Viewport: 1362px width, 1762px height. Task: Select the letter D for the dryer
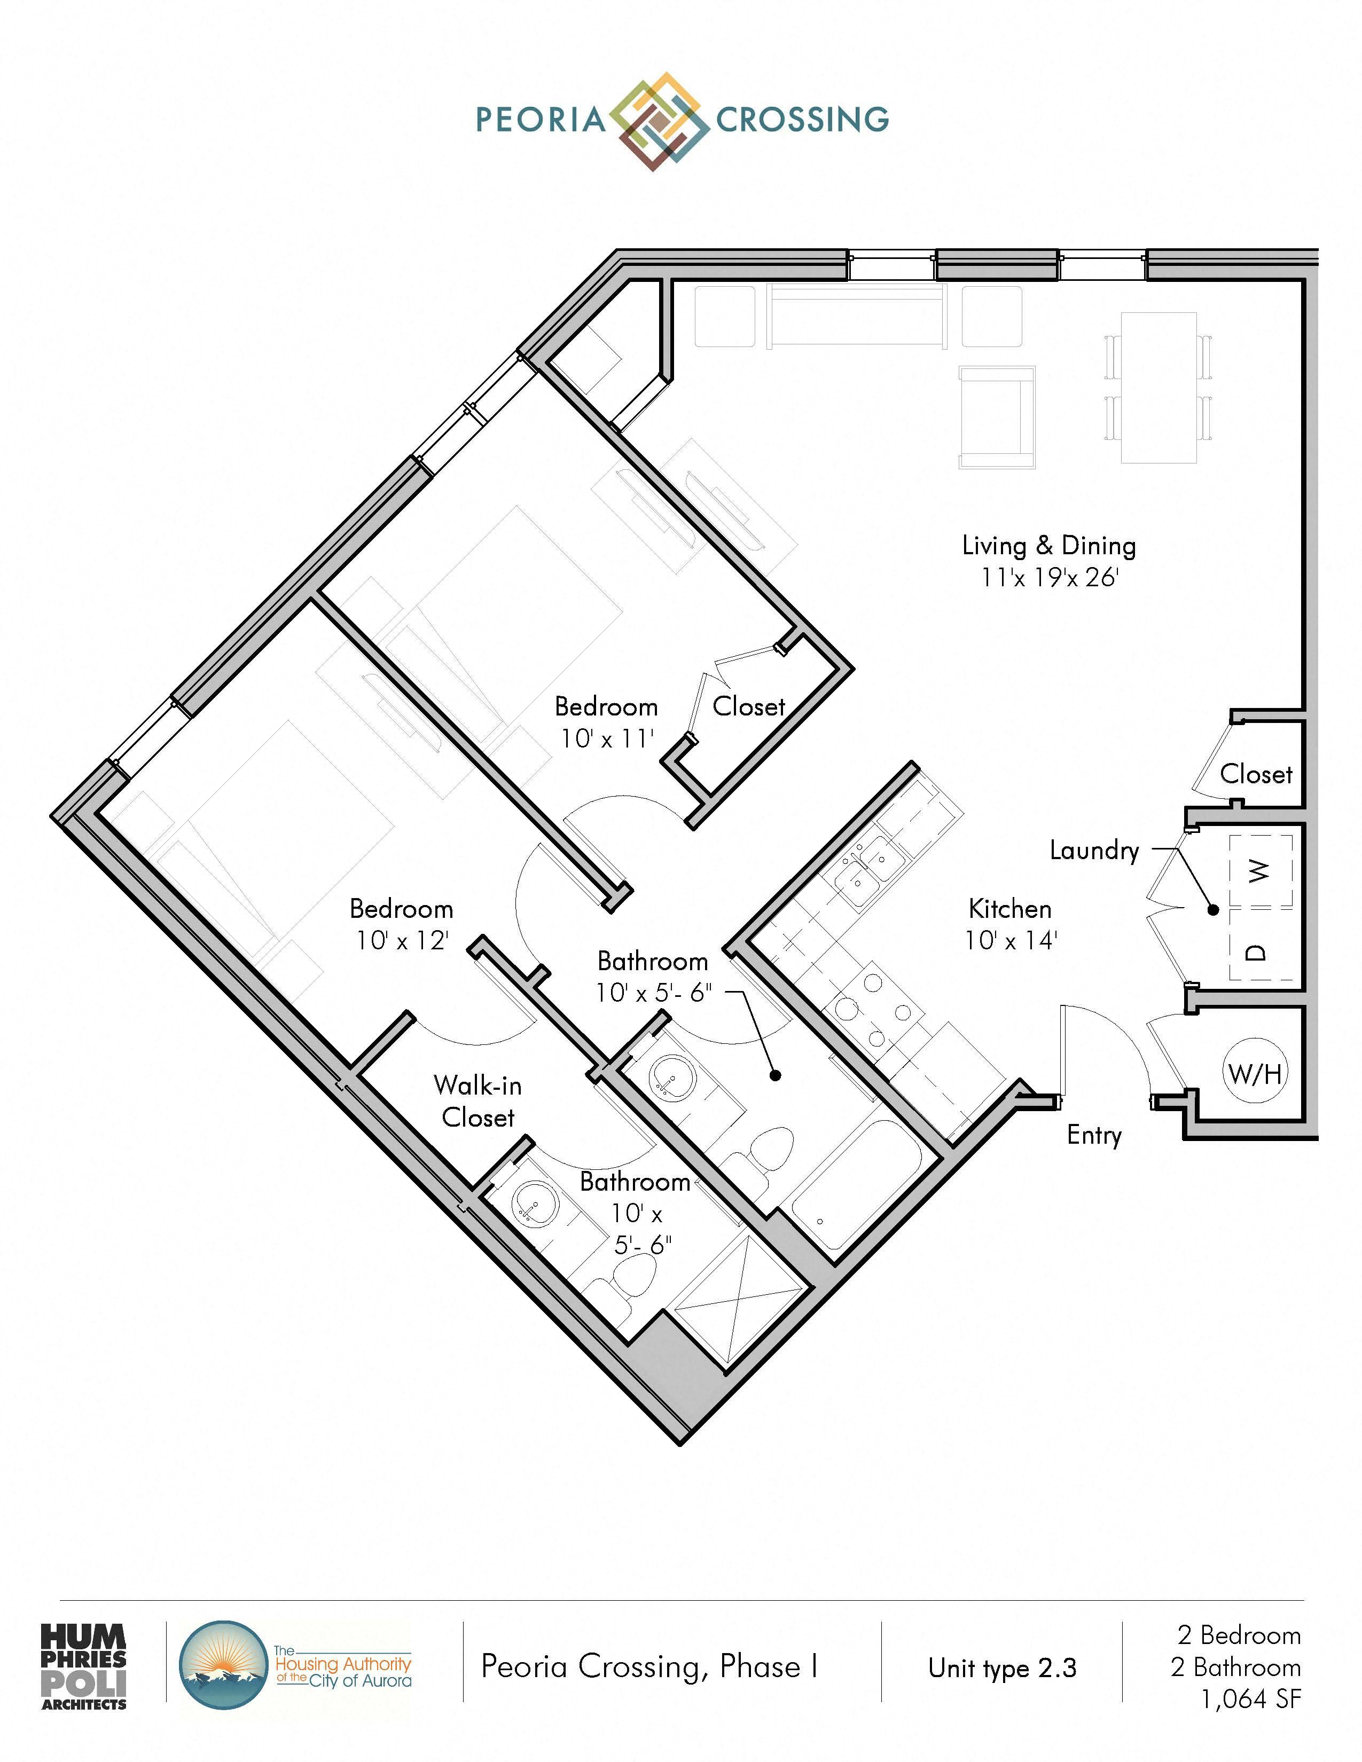click(x=1256, y=952)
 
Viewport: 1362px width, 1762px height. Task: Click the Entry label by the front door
click(x=1094, y=1135)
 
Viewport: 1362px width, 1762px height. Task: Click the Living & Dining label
click(x=1049, y=545)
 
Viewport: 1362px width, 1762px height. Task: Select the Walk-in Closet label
click(x=478, y=1101)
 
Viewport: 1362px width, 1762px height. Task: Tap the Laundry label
click(x=1094, y=851)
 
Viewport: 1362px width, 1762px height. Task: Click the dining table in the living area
click(x=1159, y=387)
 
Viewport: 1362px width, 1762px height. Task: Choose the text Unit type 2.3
click(x=1002, y=1667)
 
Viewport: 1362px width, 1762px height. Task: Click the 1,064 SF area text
click(x=1251, y=1699)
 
